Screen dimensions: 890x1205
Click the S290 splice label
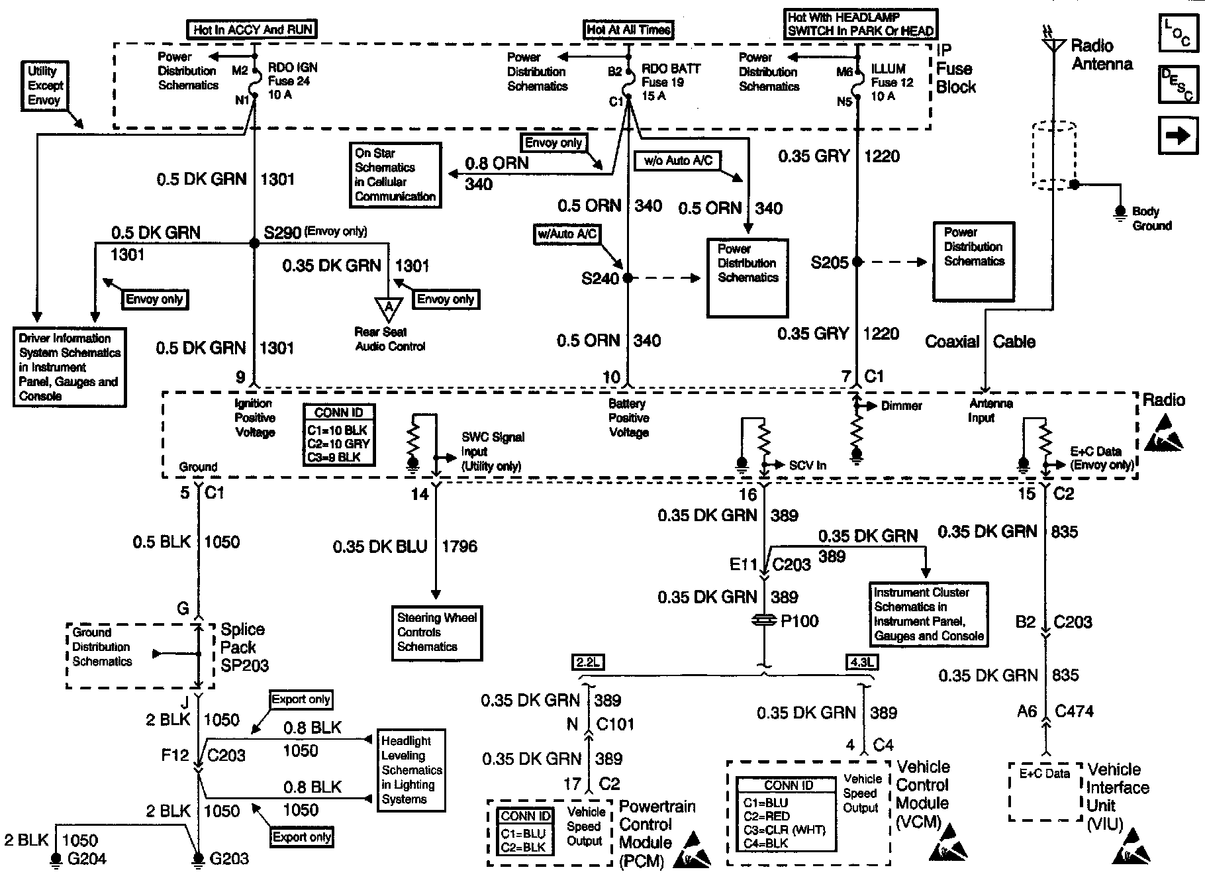pyautogui.click(x=282, y=232)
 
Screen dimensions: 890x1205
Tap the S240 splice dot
pyautogui.click(x=627, y=278)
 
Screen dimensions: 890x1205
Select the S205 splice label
pyautogui.click(x=829, y=263)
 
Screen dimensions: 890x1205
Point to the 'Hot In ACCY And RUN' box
pyautogui.click(x=253, y=30)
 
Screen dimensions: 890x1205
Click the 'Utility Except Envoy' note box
pyautogui.click(x=44, y=85)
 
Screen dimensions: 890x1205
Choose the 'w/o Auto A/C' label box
pyautogui.click(x=677, y=161)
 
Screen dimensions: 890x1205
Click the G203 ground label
pyautogui.click(x=228, y=859)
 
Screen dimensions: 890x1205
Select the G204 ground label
pyautogui.click(x=87, y=859)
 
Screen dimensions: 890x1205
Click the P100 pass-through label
pyautogui.click(x=800, y=621)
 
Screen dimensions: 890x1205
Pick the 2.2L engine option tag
pyautogui.click(x=587, y=662)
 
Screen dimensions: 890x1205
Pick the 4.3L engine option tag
pyautogui.click(x=861, y=662)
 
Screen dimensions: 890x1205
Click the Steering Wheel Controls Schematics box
pyautogui.click(x=436, y=632)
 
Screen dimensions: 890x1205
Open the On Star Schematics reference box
pyautogui.click(x=395, y=175)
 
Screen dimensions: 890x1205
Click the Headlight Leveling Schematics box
pyautogui.click(x=411, y=770)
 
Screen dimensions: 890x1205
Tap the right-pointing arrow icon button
pyautogui.click(x=1177, y=136)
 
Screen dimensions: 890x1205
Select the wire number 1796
pyautogui.click(x=459, y=547)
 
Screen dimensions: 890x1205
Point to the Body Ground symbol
pyautogui.click(x=1120, y=212)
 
